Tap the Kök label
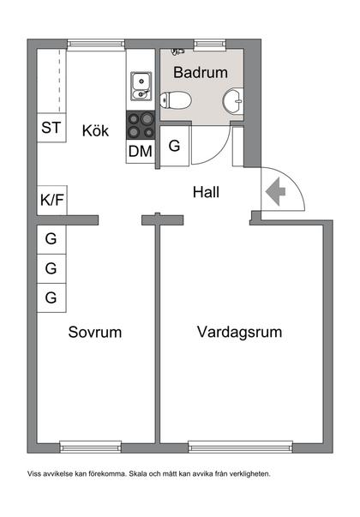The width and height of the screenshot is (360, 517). coord(96,131)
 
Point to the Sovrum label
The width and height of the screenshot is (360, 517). coord(95,332)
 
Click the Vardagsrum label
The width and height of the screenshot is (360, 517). coord(239,332)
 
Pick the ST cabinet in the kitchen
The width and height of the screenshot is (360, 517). coord(51,129)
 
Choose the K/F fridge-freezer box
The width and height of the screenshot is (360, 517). coord(51,201)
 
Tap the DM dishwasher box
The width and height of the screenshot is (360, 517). coord(141,152)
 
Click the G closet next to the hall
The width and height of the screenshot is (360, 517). coord(174,146)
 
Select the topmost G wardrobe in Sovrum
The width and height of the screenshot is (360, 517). coord(51,239)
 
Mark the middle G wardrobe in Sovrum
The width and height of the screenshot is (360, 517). coord(51,268)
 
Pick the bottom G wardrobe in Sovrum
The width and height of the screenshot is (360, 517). coord(51,298)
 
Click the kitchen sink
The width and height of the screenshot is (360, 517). coord(141,84)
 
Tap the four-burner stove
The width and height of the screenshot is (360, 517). coord(141,125)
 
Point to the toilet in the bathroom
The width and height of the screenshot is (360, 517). coord(177,101)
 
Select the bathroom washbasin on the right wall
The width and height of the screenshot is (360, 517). coord(232,102)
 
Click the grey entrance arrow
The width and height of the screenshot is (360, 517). coord(277,192)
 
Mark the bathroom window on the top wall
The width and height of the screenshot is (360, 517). coord(207,44)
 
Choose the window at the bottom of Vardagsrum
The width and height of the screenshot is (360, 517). coord(240,445)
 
